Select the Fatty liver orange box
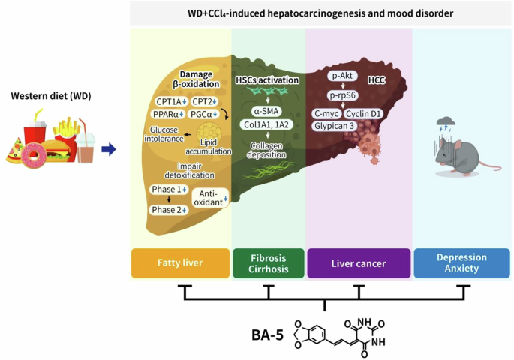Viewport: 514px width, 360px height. [x=178, y=263]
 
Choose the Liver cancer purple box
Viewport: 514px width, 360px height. [x=359, y=263]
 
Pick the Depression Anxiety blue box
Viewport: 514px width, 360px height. [x=461, y=263]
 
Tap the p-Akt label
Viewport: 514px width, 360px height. [x=342, y=76]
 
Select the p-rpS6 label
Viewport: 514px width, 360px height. [x=342, y=95]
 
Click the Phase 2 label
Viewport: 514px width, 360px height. [x=169, y=209]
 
